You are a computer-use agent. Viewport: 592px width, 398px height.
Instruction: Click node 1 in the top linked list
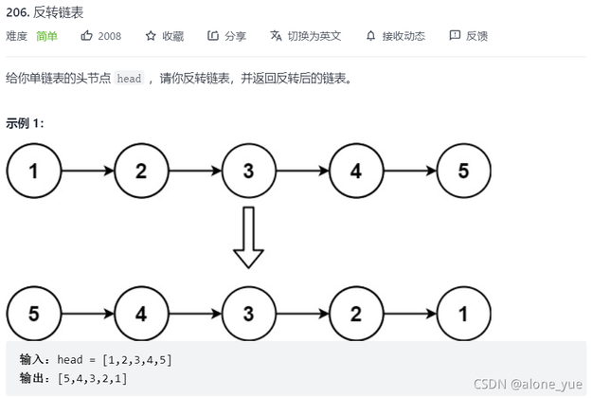coord(34,172)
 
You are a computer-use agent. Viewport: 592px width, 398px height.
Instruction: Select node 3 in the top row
coord(248,172)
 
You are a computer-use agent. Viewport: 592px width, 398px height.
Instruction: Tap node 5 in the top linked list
coord(463,172)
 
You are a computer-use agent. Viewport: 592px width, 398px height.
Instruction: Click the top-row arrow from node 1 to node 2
coord(87,172)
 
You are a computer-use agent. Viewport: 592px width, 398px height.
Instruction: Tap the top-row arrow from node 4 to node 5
coord(409,172)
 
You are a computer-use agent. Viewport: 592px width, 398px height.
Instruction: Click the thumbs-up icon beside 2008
coord(87,36)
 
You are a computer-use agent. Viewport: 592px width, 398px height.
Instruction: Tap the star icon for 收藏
coord(150,36)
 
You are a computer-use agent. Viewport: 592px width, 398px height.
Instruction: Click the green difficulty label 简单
coord(46,36)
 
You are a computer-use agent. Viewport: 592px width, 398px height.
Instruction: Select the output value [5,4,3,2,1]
coord(93,378)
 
